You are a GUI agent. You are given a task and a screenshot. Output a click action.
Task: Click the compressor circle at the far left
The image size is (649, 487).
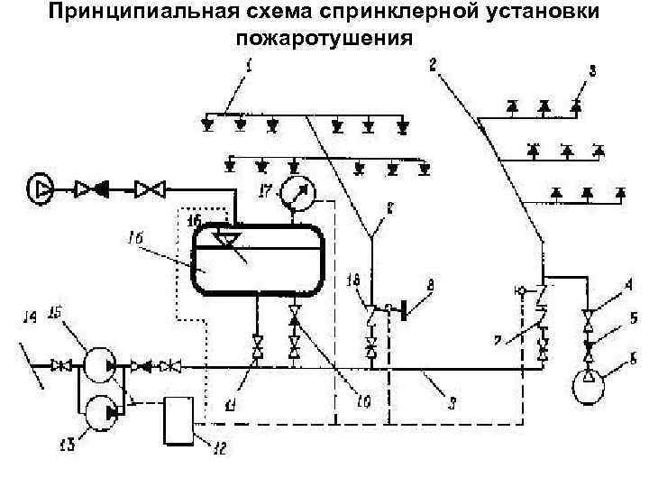click(x=41, y=188)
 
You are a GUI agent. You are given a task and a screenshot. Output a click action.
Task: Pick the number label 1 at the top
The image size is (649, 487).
click(x=250, y=66)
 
